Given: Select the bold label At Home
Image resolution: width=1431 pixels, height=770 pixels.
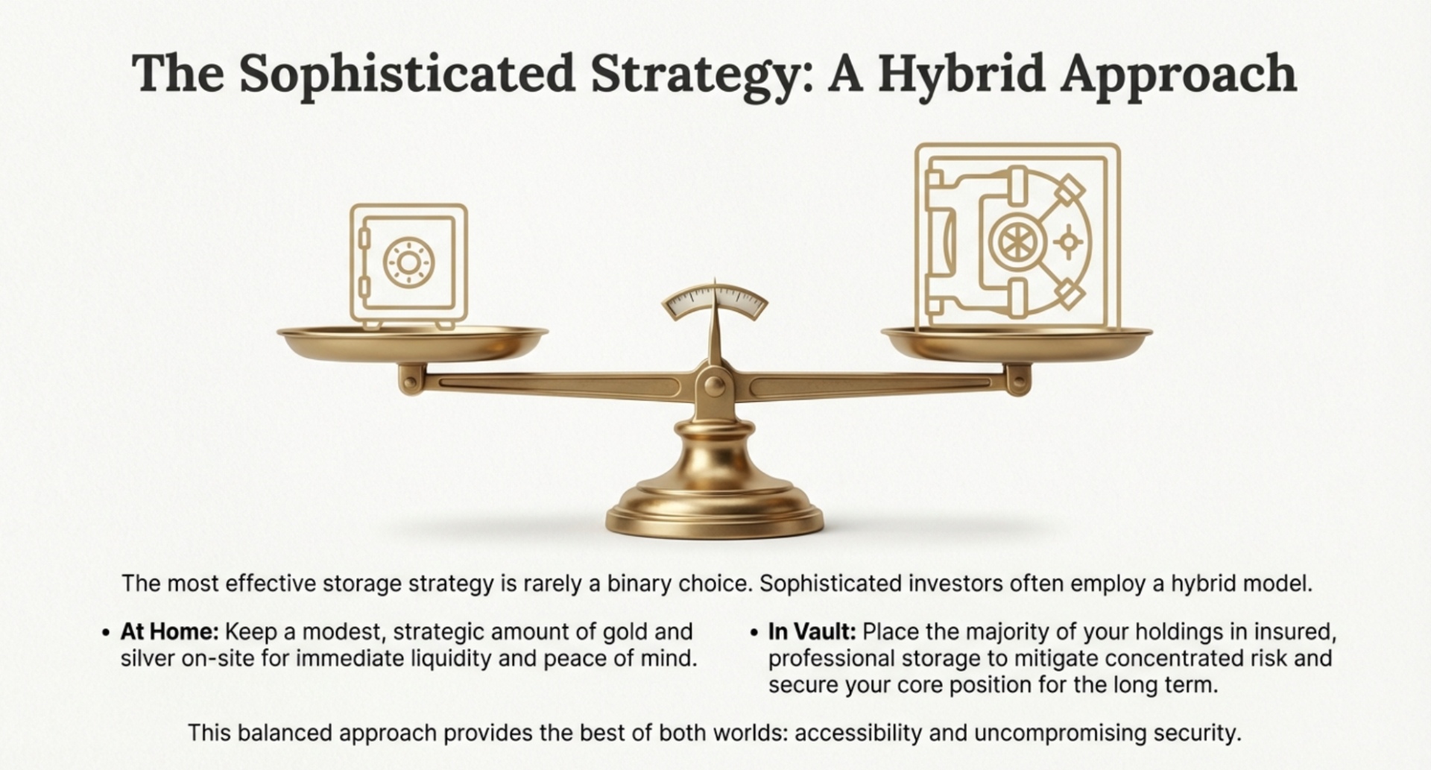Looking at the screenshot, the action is [x=169, y=631].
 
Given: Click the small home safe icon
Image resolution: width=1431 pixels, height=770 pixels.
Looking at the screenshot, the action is [x=409, y=266].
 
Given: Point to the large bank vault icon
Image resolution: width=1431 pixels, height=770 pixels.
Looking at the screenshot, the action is [x=1018, y=237].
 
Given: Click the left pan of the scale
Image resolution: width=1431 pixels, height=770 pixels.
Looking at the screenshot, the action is [x=413, y=342].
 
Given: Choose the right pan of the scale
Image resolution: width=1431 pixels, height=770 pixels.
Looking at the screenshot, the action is [x=1017, y=342].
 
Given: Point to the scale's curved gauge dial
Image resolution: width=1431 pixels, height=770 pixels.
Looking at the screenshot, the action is [x=715, y=302].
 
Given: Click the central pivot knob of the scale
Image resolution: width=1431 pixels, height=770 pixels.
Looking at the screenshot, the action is [x=715, y=385].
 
